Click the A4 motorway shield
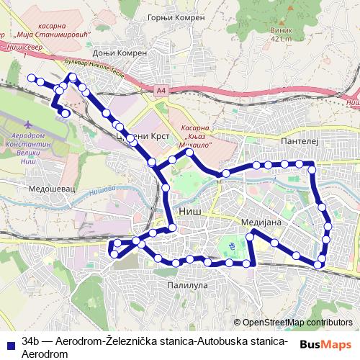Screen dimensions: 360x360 tap(159, 89)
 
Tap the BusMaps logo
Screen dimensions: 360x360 tap(326, 343)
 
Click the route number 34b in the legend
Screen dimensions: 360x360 tap(31, 340)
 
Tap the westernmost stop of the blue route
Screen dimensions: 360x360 tap(30, 77)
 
